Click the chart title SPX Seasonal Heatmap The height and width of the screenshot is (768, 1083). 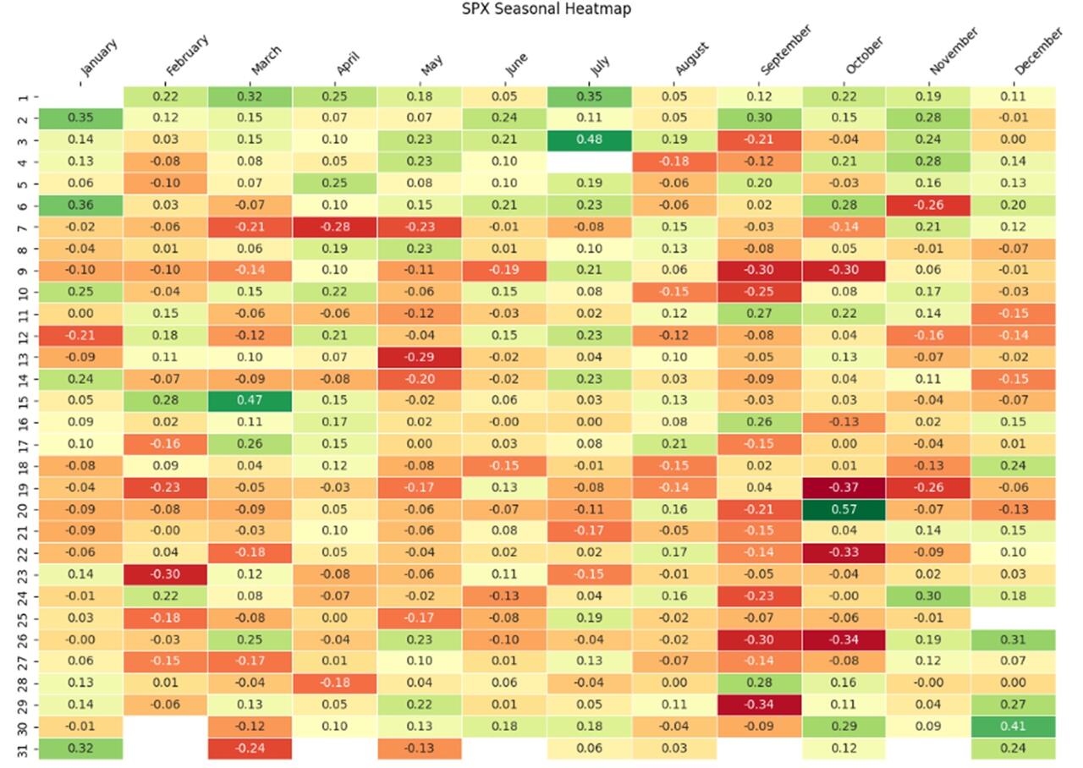pos(546,9)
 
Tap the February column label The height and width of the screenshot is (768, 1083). pos(186,56)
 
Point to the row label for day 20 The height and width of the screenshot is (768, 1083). pos(23,509)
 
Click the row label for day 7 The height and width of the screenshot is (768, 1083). pos(23,227)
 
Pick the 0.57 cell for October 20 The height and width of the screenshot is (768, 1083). pos(844,509)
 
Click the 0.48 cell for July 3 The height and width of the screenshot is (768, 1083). pos(590,140)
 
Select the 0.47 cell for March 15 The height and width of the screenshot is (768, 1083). pos(250,400)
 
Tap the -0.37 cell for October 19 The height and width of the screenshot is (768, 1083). pos(844,487)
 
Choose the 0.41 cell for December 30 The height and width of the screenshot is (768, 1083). pos(1014,727)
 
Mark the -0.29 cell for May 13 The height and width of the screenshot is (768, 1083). pos(420,357)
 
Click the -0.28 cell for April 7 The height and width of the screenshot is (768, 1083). pos(335,227)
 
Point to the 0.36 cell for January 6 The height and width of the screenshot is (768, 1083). pos(80,205)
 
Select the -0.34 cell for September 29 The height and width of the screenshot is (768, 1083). pos(760,705)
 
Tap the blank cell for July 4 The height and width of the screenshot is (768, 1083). pos(590,162)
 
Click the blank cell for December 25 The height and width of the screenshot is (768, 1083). pos(1014,617)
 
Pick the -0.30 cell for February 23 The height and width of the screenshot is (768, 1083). pos(166,574)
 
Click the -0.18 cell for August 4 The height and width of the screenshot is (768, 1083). pos(674,162)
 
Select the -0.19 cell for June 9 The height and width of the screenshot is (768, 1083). pos(505,270)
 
